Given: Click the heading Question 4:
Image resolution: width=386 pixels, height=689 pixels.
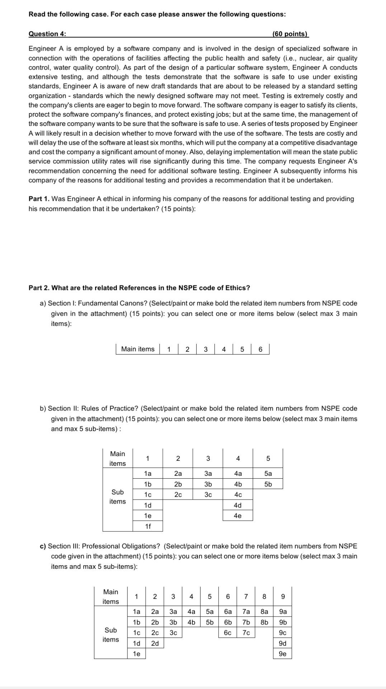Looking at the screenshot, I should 47,34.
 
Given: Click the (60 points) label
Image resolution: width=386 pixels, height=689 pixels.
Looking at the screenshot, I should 290,34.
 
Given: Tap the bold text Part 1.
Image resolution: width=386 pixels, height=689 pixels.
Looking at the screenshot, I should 39,199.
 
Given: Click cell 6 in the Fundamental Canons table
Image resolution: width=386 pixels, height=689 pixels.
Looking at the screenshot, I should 260,349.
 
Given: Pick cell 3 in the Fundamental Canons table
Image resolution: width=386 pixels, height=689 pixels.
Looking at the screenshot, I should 206,349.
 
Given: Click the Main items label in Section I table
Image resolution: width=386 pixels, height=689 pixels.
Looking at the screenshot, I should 138,349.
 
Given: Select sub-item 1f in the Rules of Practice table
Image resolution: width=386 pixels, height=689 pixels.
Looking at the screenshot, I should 148,526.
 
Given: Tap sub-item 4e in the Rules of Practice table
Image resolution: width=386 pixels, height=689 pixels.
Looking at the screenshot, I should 237,516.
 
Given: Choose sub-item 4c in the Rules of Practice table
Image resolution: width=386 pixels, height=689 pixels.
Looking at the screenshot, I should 237,495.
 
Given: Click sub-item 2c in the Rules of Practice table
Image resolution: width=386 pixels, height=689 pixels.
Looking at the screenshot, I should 178,495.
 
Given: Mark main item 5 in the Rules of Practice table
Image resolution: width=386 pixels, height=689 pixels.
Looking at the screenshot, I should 268,459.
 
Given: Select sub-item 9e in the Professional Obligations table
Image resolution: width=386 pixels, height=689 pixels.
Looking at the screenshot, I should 283,654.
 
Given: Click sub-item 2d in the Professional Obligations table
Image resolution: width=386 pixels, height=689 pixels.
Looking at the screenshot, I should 155,643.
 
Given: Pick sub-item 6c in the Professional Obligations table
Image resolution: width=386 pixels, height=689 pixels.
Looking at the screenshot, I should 228,633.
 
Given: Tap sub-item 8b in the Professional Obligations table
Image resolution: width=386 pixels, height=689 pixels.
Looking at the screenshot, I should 264,622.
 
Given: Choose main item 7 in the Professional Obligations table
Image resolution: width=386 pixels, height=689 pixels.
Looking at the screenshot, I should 246,597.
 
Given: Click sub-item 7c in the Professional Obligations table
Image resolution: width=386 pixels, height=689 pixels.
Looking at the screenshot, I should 246,633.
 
